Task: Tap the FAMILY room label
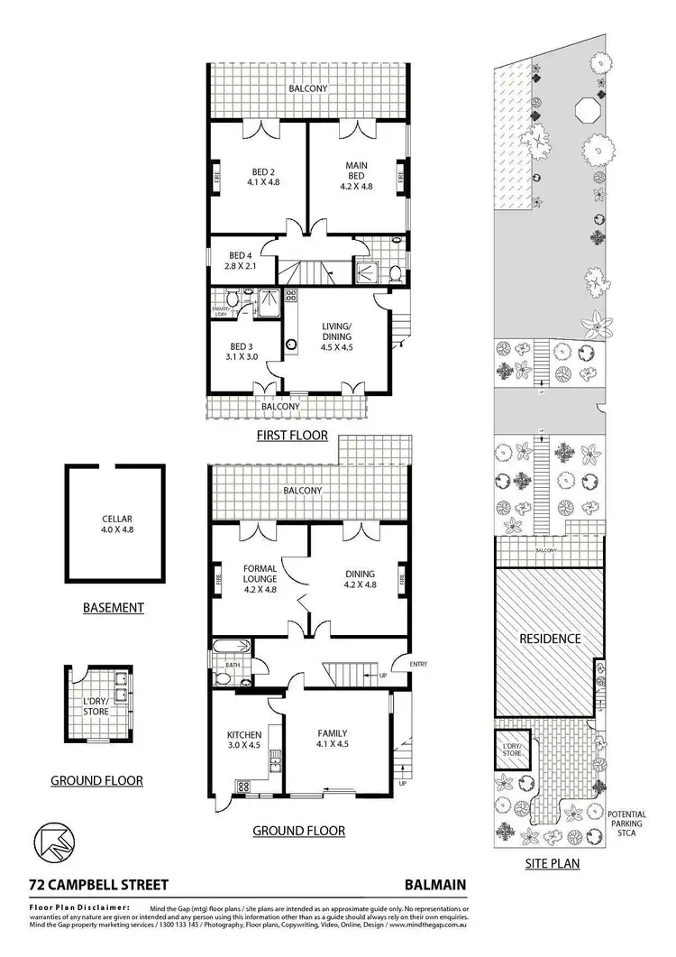(333, 739)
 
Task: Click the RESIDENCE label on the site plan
(549, 639)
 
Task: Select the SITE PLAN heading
(552, 863)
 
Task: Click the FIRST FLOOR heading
(290, 436)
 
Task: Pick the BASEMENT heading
(113, 608)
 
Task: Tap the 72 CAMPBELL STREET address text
(86, 886)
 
